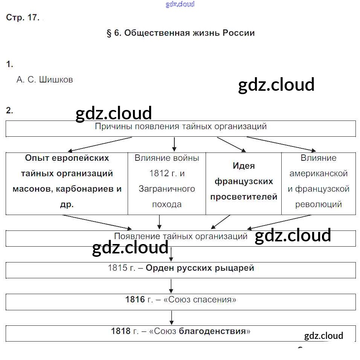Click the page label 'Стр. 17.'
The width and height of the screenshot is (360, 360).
tap(23, 18)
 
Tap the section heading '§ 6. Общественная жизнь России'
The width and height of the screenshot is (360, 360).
tap(181, 33)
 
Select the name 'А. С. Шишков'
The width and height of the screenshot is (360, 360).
tap(45, 80)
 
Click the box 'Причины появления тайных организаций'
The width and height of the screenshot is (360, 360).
tap(181, 127)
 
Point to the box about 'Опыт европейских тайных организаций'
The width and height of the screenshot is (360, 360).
tap(67, 181)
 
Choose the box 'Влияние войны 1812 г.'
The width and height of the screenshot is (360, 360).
tap(167, 181)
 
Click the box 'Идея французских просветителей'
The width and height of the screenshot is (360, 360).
tap(244, 181)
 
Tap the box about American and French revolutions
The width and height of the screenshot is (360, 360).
tap(319, 181)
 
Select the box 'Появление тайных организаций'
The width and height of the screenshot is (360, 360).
tap(181, 236)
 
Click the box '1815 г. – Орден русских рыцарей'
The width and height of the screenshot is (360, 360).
tap(181, 268)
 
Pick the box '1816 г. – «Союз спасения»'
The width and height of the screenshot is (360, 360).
tap(181, 300)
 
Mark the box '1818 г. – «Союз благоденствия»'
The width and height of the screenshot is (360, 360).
tap(181, 331)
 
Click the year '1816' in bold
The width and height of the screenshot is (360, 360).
tap(135, 300)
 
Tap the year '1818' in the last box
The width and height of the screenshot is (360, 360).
tap(121, 331)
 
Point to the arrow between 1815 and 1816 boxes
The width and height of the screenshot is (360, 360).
tap(171, 286)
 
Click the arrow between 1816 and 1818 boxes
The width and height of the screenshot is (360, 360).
tap(171, 318)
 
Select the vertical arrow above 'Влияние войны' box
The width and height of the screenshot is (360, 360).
tap(174, 144)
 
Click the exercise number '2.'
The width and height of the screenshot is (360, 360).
tap(10, 111)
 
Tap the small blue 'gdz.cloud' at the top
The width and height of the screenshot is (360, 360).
tap(180, 5)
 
